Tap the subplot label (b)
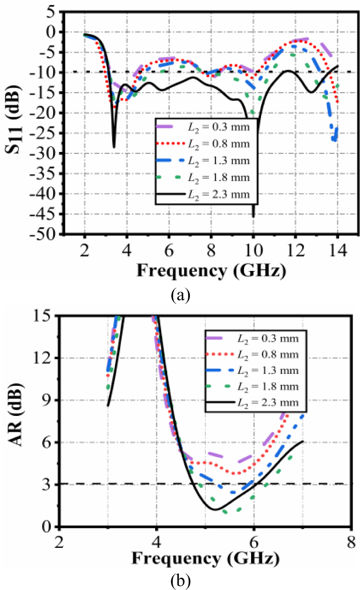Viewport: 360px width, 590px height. [x=180, y=580]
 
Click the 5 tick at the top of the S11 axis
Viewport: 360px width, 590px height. [x=52, y=11]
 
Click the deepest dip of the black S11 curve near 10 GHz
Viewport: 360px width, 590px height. [x=254, y=216]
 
